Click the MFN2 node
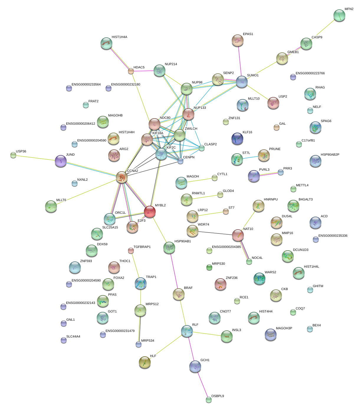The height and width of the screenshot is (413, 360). (x=339, y=16)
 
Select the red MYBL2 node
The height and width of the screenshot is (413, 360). (x=150, y=211)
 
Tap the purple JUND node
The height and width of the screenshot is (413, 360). (x=61, y=161)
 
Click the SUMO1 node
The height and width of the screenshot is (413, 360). (x=242, y=82)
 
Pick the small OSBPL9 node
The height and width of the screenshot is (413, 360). (x=209, y=400)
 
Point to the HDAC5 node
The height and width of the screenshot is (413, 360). (x=131, y=71)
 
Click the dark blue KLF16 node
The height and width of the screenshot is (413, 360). (x=237, y=139)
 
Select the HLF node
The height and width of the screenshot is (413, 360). (x=144, y=362)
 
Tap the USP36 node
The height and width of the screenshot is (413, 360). (x=13, y=155)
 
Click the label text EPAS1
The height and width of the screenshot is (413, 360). (x=248, y=34)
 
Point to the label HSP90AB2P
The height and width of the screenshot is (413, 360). (x=330, y=155)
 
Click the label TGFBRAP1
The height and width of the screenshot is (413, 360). (x=142, y=247)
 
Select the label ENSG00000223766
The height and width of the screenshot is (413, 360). (x=310, y=73)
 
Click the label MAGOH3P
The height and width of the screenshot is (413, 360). (x=284, y=328)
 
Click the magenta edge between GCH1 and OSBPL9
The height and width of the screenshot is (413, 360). (x=202, y=383)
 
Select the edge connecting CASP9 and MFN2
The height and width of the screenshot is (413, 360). (x=323, y=29)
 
